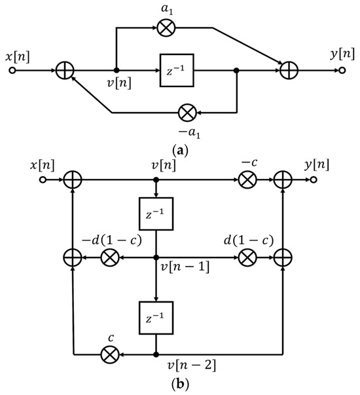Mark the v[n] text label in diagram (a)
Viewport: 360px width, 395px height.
click(x=118, y=83)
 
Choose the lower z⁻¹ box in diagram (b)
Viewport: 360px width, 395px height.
click(x=156, y=319)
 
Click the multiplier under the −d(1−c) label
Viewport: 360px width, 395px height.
click(x=109, y=257)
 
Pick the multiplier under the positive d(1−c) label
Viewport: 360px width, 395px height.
click(x=248, y=257)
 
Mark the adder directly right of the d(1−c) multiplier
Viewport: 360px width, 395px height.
click(x=283, y=257)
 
